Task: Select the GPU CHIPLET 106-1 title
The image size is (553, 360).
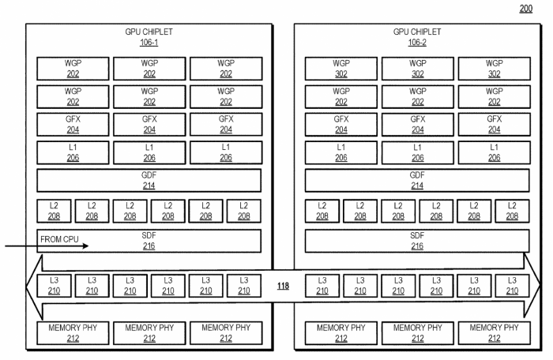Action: [x=149, y=37]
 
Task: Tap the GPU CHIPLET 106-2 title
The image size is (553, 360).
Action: [x=416, y=37]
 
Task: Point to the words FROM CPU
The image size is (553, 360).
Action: [x=62, y=237]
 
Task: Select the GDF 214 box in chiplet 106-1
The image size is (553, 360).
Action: [x=149, y=181]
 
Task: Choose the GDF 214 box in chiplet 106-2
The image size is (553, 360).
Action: [x=416, y=181]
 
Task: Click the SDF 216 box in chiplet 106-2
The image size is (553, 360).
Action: [x=416, y=242]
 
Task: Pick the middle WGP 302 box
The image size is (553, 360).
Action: [x=416, y=68]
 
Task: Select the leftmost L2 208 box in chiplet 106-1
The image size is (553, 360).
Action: [x=54, y=211]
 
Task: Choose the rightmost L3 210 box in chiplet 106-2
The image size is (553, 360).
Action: [x=511, y=286]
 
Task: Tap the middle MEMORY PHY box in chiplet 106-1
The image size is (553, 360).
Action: [x=149, y=332]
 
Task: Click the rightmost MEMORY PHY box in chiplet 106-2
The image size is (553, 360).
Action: [x=494, y=332]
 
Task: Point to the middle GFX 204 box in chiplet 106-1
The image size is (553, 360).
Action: [x=149, y=125]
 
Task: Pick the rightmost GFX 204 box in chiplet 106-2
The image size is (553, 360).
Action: [x=494, y=125]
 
